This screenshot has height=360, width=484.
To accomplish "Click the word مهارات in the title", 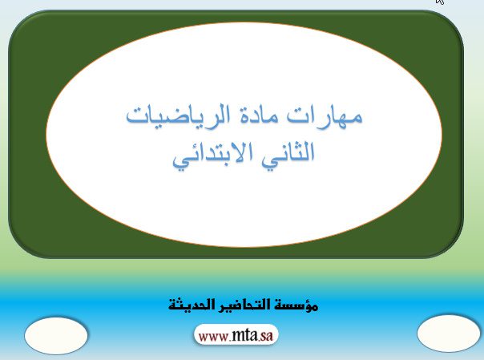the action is click(325, 116).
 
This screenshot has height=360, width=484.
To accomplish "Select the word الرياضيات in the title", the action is click(178, 117).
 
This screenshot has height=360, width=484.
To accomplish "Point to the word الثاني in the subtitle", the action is click(288, 153).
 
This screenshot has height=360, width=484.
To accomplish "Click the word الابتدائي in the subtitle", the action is click(212, 155).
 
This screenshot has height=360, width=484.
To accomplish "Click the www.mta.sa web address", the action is click(236, 335).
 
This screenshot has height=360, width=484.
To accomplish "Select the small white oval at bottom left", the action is click(56, 335).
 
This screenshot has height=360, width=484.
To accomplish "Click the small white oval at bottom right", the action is click(448, 334).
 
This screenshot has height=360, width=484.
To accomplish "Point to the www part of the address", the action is click(213, 337).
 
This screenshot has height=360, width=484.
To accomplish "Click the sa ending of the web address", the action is click(266, 336).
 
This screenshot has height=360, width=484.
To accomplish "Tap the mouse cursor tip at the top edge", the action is click(438, 1).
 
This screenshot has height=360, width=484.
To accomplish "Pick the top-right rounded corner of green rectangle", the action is click(454, 20).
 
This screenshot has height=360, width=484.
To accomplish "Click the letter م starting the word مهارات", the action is click(356, 118).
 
